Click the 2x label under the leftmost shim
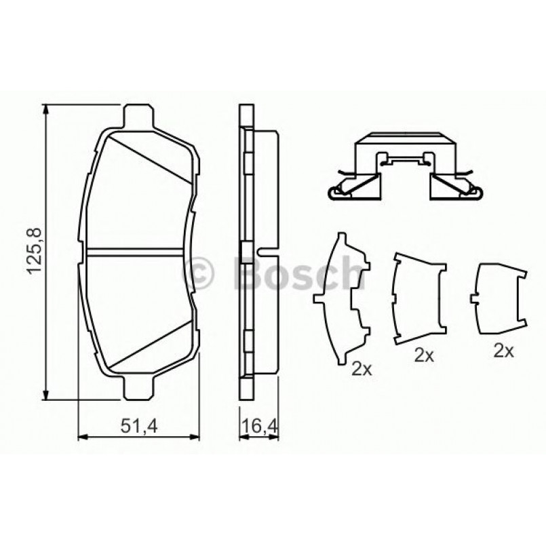tap(361, 370)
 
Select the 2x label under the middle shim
tap(423, 355)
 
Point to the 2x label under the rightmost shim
tap(503, 351)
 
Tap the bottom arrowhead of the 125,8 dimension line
tap(47, 394)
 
